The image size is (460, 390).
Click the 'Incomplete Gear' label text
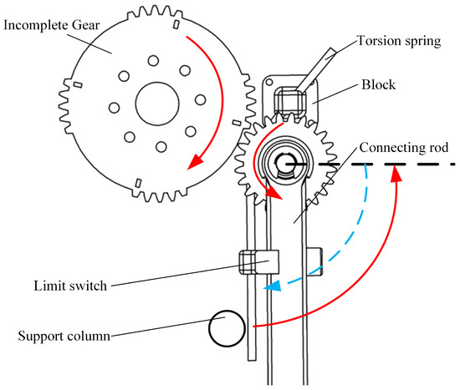[x=52, y=25]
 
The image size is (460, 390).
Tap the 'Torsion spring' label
[x=399, y=41]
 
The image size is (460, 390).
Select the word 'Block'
[x=378, y=84]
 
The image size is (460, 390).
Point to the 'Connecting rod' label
[x=404, y=148]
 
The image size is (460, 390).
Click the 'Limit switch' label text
[x=70, y=286]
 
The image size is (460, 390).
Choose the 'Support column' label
[x=64, y=336]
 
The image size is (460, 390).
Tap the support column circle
[x=227, y=328]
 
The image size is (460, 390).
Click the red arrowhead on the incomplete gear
[x=195, y=162]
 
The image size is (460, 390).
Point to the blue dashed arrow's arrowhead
[x=273, y=285]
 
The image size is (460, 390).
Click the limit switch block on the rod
[x=259, y=262]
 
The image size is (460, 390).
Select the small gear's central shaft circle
[x=283, y=163]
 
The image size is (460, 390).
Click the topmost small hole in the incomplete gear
[x=153, y=61]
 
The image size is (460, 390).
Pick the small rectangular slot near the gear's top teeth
[x=176, y=24]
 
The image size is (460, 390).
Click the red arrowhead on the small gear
[x=274, y=193]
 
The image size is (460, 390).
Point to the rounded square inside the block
[x=290, y=100]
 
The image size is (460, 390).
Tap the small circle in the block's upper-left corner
[x=269, y=83]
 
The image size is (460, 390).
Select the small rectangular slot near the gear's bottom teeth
[x=138, y=183]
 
